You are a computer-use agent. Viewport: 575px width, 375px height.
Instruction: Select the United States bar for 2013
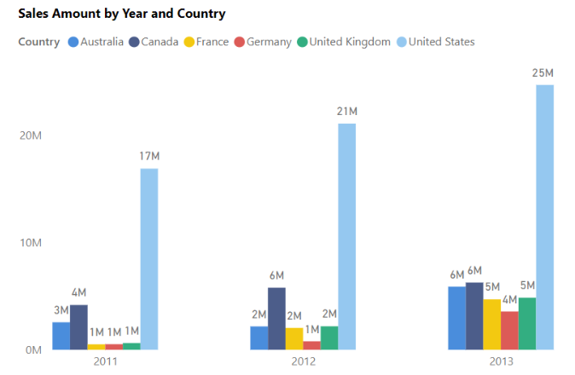pyautogui.click(x=544, y=216)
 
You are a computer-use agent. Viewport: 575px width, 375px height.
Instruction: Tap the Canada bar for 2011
pyautogui.click(x=78, y=326)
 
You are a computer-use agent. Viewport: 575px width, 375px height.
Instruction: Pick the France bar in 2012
pyautogui.click(x=293, y=338)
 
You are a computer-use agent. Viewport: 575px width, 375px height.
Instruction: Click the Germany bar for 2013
pyautogui.click(x=509, y=330)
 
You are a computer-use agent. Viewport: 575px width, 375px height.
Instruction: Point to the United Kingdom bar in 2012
pyautogui.click(x=329, y=337)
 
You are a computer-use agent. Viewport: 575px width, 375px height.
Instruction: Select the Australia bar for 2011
pyautogui.click(x=61, y=335)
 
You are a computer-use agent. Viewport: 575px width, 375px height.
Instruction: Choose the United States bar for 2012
pyautogui.click(x=346, y=236)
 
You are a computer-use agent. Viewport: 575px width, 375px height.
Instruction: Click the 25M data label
pyautogui.click(x=543, y=73)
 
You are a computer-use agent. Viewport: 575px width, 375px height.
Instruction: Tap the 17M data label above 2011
pyautogui.click(x=149, y=157)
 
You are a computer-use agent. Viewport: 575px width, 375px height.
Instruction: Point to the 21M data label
pyautogui.click(x=346, y=112)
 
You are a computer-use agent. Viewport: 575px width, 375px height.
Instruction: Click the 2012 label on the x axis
pyautogui.click(x=303, y=361)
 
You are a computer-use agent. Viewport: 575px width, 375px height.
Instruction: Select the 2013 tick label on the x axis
pyautogui.click(x=501, y=361)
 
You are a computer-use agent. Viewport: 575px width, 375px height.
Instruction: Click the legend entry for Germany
pyautogui.click(x=268, y=42)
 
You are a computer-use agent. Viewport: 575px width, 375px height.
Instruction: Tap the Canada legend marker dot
pyautogui.click(x=134, y=42)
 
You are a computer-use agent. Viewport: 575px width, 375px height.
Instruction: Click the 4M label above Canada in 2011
pyautogui.click(x=78, y=292)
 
